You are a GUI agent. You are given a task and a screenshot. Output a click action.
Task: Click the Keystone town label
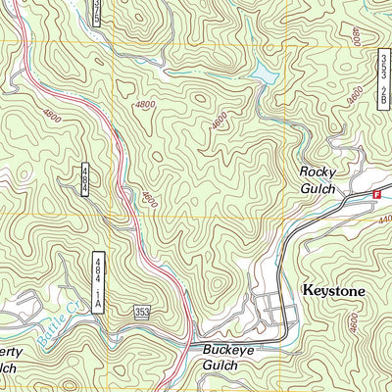[333, 291]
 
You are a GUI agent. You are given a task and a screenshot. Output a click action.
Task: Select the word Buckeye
[228, 348]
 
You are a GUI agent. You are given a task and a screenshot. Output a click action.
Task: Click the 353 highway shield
[143, 312]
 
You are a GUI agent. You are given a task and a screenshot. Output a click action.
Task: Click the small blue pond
[263, 73]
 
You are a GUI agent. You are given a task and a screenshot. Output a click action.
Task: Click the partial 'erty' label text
[10, 350]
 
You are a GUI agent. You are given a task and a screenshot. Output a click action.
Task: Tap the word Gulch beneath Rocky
[318, 188]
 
